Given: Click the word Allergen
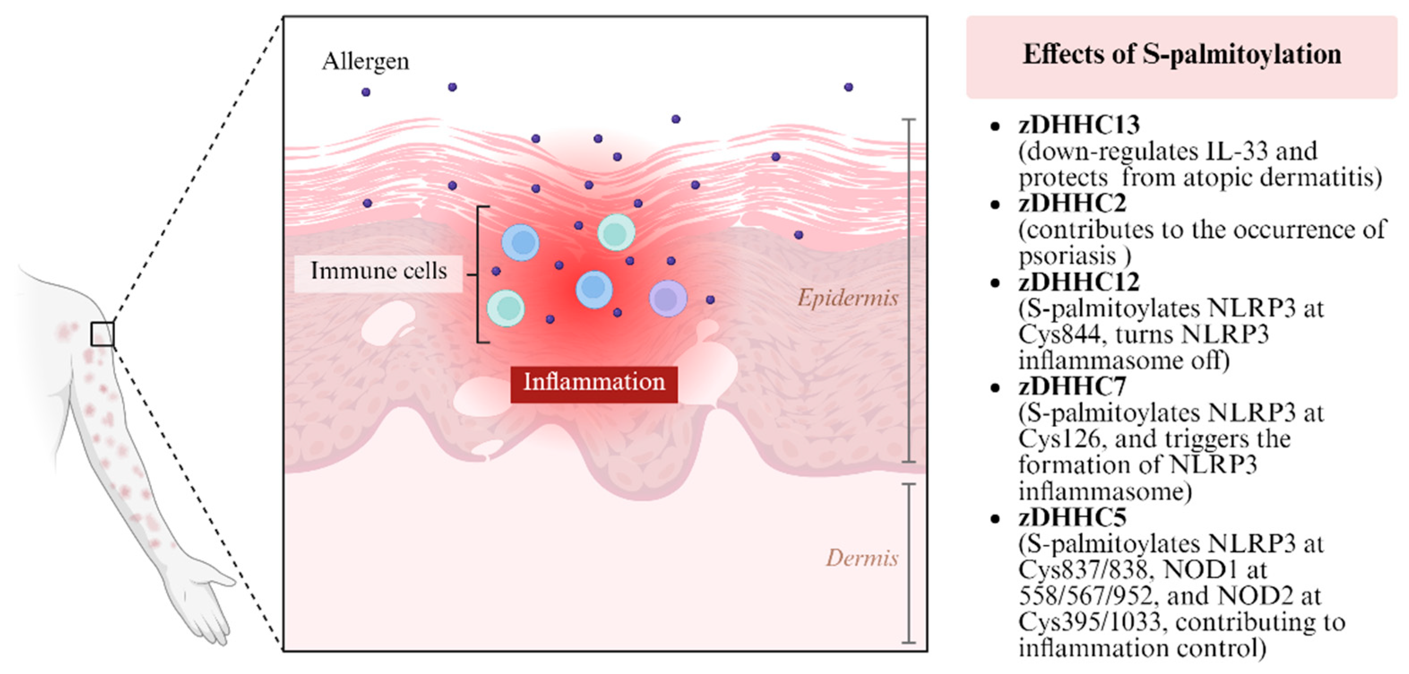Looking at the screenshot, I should pos(365,61).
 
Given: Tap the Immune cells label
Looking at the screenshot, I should pos(378,271).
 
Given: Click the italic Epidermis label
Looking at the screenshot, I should pos(847,298).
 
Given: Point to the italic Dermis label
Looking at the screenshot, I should pos(862,558).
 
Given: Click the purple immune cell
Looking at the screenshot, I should pos(667,299).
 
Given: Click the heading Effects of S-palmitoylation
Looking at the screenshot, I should pos(1181,55).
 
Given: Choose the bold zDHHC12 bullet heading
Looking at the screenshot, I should pos(1078,282).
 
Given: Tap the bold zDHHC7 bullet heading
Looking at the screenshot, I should pos(1072,387).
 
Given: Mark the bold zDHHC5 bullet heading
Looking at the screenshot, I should pos(1072,518).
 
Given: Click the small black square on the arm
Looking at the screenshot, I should pos(102,334).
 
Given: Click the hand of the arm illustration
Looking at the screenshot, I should pos(210,607).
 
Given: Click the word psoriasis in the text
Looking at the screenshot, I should pos(1066,256).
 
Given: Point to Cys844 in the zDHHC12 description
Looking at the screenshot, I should pos(1059,335).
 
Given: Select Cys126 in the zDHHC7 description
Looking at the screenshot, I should pos(1059,439).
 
